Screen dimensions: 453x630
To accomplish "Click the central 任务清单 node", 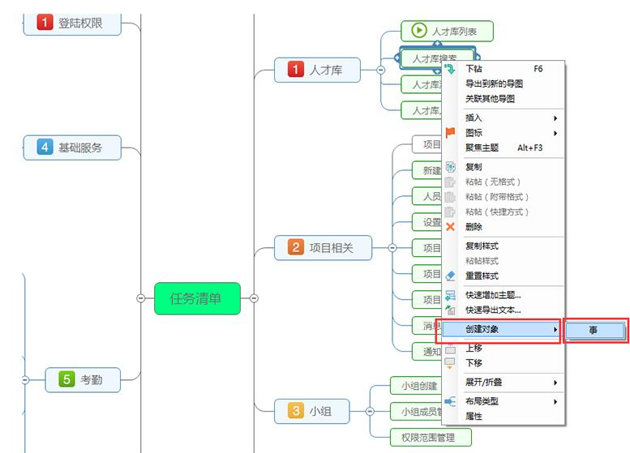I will pyautogui.click(x=198, y=298).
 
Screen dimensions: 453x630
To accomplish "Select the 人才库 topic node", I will pyautogui.click(x=319, y=71).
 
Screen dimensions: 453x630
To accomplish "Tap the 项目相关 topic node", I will pyautogui.click(x=323, y=248).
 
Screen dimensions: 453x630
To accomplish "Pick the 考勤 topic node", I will pyautogui.click(x=84, y=378).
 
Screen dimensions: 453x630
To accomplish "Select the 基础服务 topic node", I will pyautogui.click(x=73, y=147).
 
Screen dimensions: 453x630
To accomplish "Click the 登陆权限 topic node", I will pyautogui.click(x=72, y=23).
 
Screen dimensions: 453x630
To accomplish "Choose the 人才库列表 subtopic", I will pyautogui.click(x=447, y=32).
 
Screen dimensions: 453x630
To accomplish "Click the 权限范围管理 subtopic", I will pyautogui.click(x=432, y=437).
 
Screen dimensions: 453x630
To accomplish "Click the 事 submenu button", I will pyautogui.click(x=594, y=330).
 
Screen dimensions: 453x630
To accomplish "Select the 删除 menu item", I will pyautogui.click(x=474, y=227).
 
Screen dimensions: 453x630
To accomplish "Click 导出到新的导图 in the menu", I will pyautogui.click(x=494, y=83).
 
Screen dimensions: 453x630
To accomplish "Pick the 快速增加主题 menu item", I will pyautogui.click(x=493, y=295).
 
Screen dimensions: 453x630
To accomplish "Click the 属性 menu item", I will pyautogui.click(x=474, y=416).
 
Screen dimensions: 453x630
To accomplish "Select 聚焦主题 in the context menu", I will pyautogui.click(x=482, y=147).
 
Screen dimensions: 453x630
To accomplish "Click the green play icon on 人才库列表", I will pyautogui.click(x=418, y=31).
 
